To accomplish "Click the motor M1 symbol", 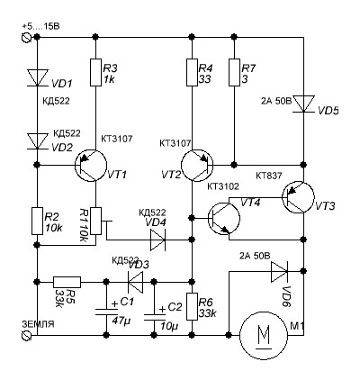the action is pyautogui.click(x=264, y=335).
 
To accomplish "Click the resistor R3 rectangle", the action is pyautogui.click(x=95, y=72).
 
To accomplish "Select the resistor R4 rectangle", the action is pyautogui.click(x=192, y=72).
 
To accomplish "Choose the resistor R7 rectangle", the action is pyautogui.click(x=234, y=72).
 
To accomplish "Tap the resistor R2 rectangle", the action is pyautogui.click(x=37, y=221).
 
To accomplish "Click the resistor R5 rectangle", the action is pyautogui.click(x=67, y=282).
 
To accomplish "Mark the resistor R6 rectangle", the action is pyautogui.click(x=192, y=306).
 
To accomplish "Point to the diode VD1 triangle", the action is pyautogui.click(x=38, y=78).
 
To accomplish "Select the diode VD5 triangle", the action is pyautogui.click(x=304, y=104).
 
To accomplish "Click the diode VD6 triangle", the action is pyautogui.click(x=280, y=271).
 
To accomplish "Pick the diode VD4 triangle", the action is pyautogui.click(x=158, y=240).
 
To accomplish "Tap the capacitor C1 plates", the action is pyautogui.click(x=106, y=312).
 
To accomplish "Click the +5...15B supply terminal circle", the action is pyautogui.click(x=27, y=38).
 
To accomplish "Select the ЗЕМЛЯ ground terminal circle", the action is pyautogui.click(x=27, y=335).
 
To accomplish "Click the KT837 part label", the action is pyautogui.click(x=269, y=176).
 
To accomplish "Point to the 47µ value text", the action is pyautogui.click(x=121, y=321).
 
